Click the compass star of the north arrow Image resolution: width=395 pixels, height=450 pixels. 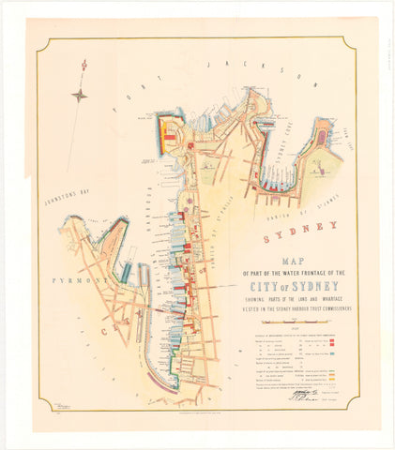click(x=81, y=94)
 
